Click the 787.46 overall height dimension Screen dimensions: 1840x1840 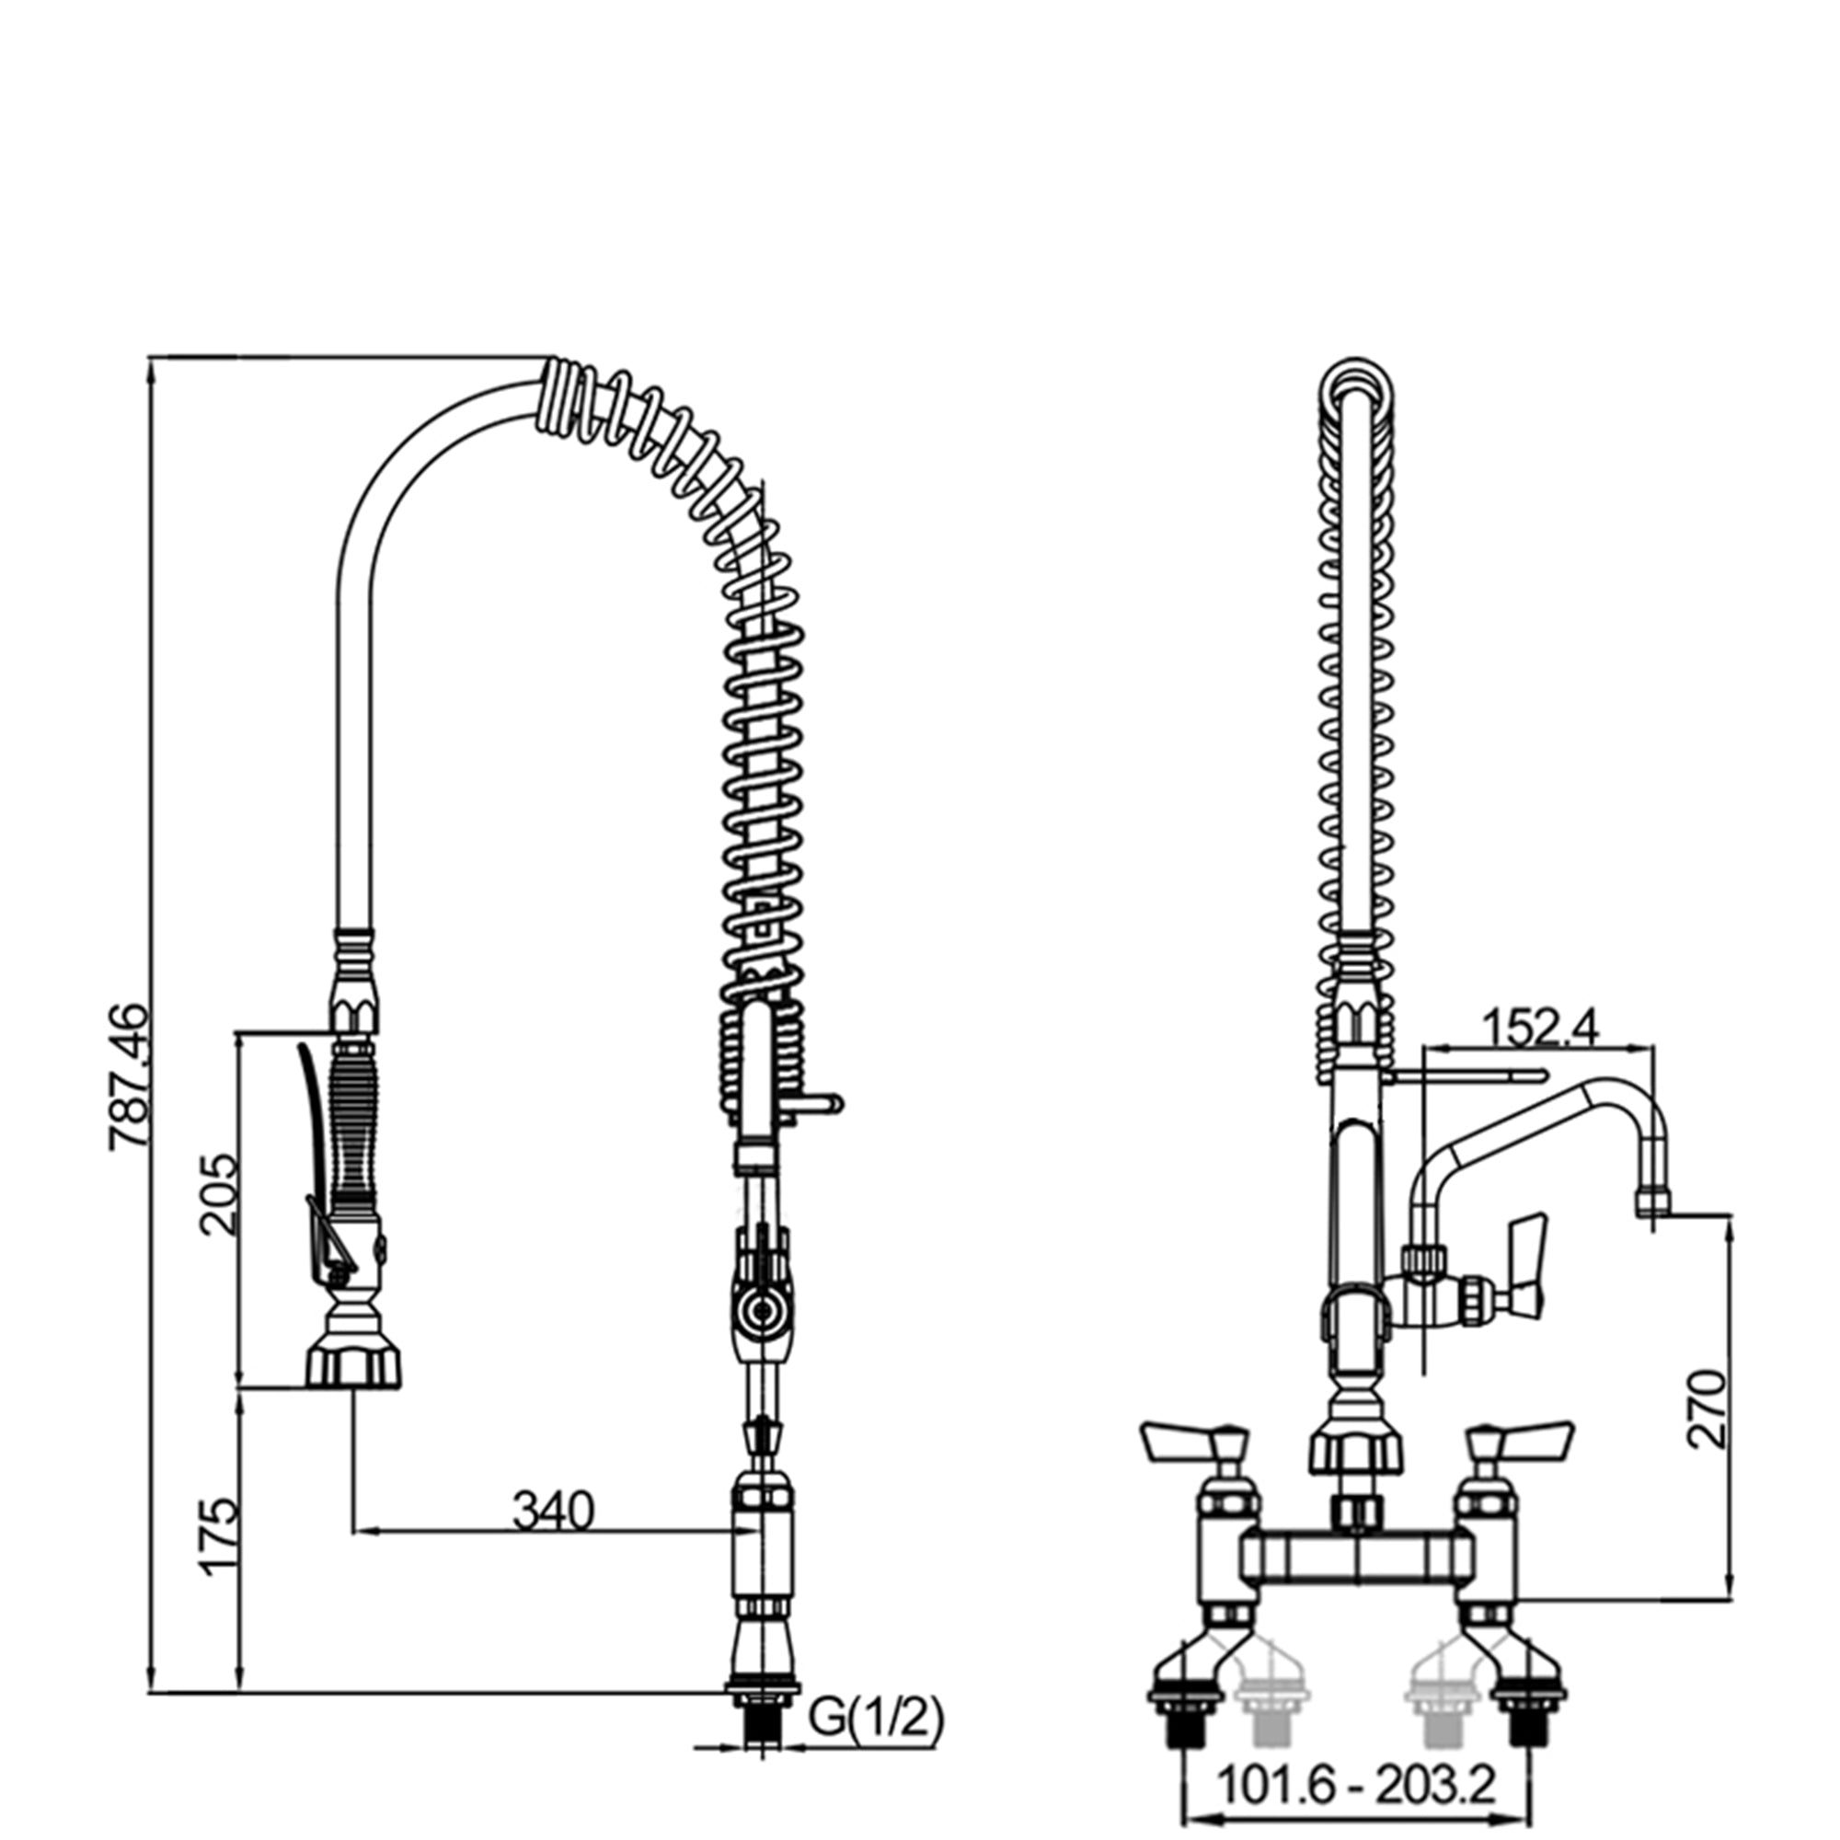(130, 1077)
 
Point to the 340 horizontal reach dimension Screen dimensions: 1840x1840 (553, 1511)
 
